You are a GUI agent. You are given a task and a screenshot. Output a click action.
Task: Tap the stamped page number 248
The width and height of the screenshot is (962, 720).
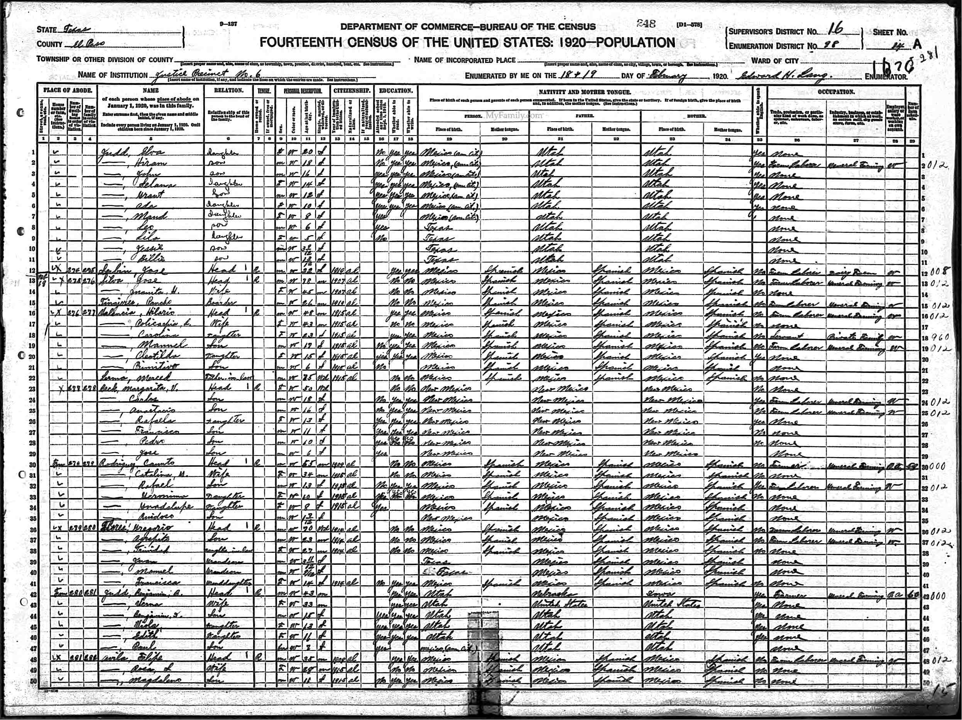coord(646,24)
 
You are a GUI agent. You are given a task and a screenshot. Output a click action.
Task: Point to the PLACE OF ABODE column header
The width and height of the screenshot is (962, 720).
coord(67,91)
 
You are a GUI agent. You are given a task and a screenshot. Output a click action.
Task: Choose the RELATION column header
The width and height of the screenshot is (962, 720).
coord(228,91)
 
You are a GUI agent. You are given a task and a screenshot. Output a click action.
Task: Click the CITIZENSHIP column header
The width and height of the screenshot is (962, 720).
coord(352,91)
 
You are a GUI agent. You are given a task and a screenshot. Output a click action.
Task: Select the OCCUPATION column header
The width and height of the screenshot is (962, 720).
coord(836,92)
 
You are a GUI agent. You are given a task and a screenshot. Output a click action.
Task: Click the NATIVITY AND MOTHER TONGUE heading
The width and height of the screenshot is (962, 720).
coord(585,93)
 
